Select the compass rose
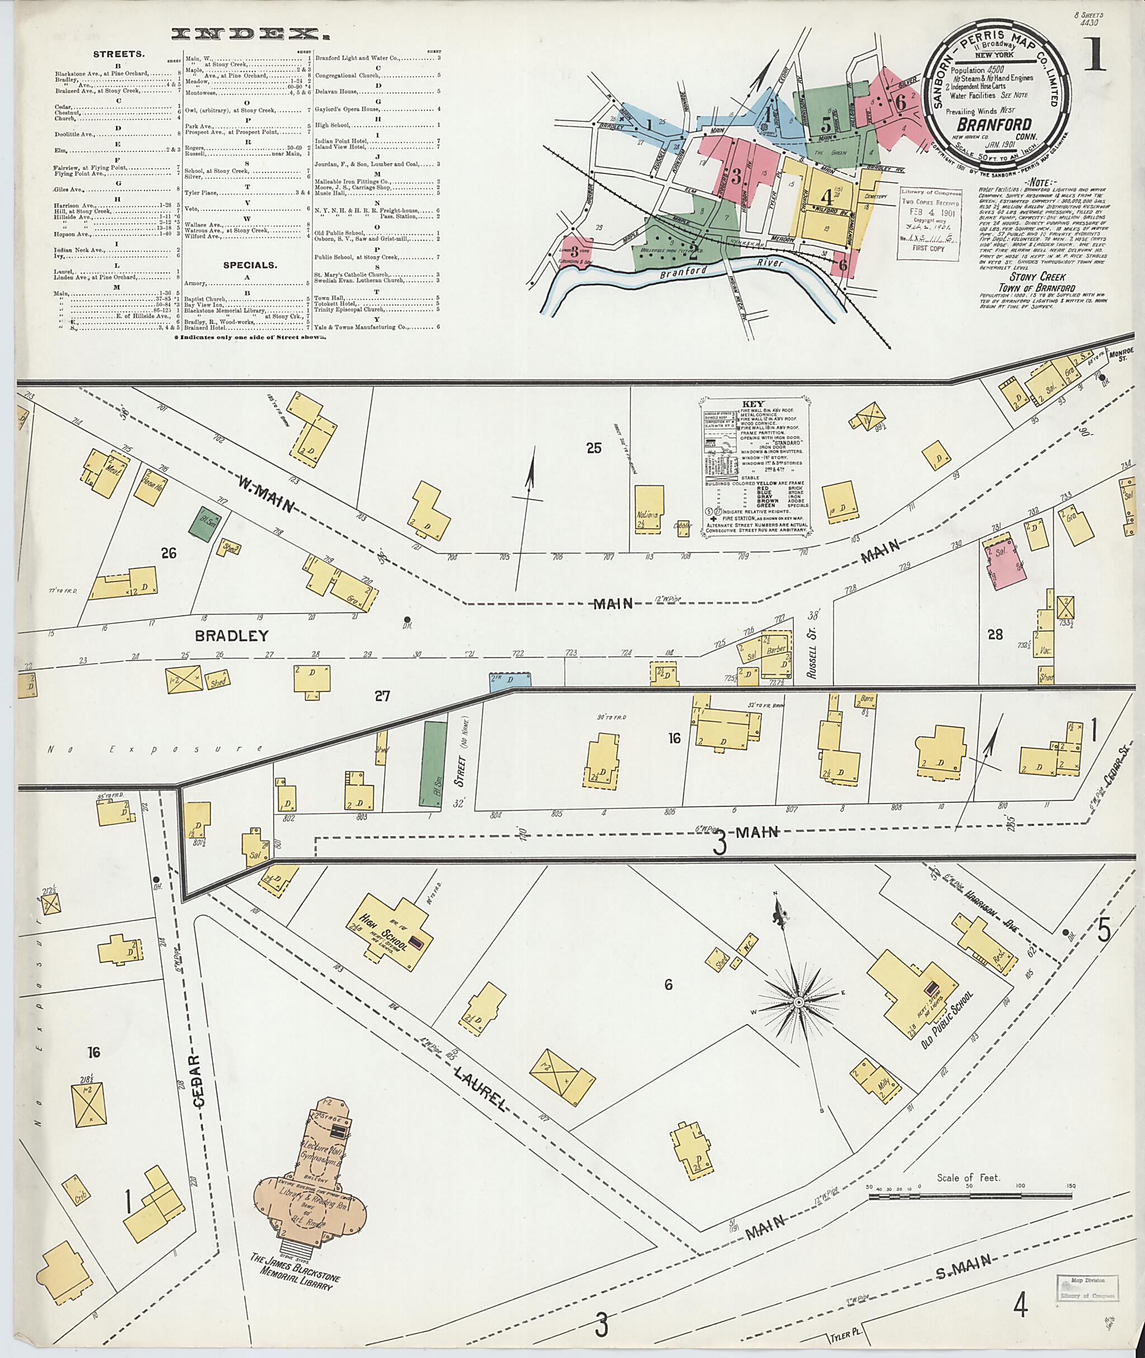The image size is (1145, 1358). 797,1020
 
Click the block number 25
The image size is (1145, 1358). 593,447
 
